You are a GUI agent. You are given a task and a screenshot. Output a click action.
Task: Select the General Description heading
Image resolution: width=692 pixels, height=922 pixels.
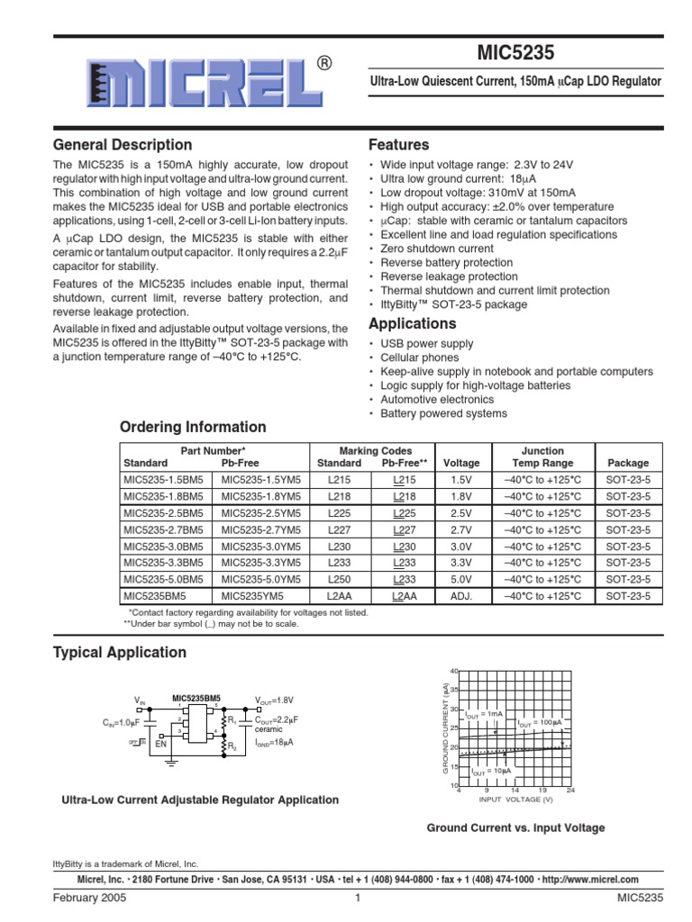pyautogui.click(x=123, y=145)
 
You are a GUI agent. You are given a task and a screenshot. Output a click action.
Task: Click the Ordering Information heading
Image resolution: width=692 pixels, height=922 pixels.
pyautogui.click(x=193, y=427)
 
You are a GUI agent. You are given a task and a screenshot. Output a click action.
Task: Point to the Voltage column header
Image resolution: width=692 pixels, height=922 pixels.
pyautogui.click(x=462, y=464)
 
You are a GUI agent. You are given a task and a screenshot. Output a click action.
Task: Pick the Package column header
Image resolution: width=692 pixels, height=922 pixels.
pyautogui.click(x=627, y=464)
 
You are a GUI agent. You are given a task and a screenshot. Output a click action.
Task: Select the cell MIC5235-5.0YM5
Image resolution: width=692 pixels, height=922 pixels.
pyautogui.click(x=262, y=579)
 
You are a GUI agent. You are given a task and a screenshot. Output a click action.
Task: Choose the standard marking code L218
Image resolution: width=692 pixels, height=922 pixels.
pyautogui.click(x=339, y=497)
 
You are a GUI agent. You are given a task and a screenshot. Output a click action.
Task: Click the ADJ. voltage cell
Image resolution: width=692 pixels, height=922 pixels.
pyautogui.click(x=462, y=596)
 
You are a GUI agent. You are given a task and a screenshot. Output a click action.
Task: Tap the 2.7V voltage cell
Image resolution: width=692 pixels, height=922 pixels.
pyautogui.click(x=462, y=529)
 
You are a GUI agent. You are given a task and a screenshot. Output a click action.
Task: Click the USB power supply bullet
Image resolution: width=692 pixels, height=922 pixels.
pyautogui.click(x=426, y=344)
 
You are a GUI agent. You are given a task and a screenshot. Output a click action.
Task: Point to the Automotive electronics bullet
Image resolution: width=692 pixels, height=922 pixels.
pyautogui.click(x=437, y=400)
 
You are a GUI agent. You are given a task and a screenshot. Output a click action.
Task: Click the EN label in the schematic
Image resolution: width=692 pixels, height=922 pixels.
pyautogui.click(x=160, y=745)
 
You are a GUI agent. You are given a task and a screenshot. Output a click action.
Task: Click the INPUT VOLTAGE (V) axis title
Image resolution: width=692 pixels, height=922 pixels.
pyautogui.click(x=515, y=800)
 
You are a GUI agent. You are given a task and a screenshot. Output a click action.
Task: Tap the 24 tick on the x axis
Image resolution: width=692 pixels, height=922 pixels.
pyautogui.click(x=571, y=791)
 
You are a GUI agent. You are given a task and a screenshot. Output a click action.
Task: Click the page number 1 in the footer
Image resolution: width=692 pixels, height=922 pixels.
pyautogui.click(x=357, y=899)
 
